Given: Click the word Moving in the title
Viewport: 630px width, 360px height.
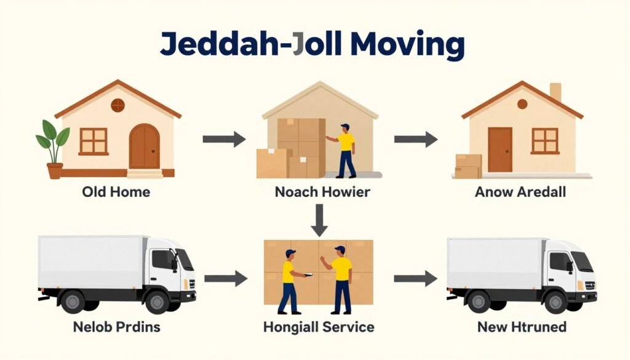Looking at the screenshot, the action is pyautogui.click(x=407, y=44).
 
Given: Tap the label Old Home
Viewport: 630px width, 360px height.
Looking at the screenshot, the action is pyautogui.click(x=116, y=191).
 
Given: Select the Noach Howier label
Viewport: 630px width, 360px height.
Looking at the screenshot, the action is pyautogui.click(x=322, y=191).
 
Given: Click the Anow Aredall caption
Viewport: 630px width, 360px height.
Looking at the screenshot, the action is pyautogui.click(x=520, y=191).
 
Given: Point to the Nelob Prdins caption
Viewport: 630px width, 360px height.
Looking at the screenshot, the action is pyautogui.click(x=116, y=327).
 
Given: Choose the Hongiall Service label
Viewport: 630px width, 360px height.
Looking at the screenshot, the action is pyautogui.click(x=319, y=327).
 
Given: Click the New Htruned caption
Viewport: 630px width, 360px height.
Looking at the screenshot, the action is pyautogui.click(x=522, y=327).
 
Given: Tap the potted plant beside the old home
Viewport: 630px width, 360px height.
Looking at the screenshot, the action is pyautogui.click(x=53, y=150).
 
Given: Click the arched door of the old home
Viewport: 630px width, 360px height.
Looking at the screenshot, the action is pyautogui.click(x=144, y=146).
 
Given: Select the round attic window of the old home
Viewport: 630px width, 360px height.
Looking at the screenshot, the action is pyautogui.click(x=118, y=105).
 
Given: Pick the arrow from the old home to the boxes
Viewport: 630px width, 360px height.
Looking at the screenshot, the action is pyautogui.click(x=224, y=140).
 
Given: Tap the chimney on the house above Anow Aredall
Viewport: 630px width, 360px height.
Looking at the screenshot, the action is pyautogui.click(x=556, y=92).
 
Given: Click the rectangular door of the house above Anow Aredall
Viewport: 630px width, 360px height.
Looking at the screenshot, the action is pyautogui.click(x=500, y=150).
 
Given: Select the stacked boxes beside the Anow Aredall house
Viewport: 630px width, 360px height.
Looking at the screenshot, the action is pyautogui.click(x=468, y=166).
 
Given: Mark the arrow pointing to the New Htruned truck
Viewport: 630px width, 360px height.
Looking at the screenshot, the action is pyautogui.click(x=415, y=278).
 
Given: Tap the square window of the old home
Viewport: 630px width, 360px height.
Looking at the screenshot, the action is pyautogui.click(x=94, y=142).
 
